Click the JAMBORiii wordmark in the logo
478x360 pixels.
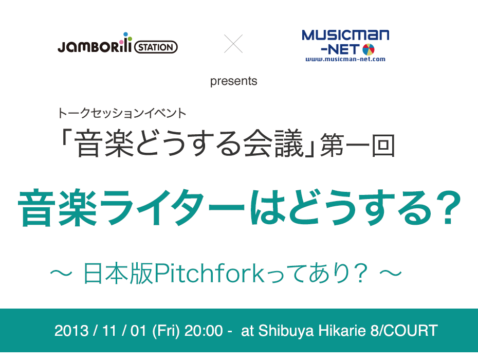tap(95, 45)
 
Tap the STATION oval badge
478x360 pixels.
tap(156, 47)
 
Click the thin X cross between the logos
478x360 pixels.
tap(233, 44)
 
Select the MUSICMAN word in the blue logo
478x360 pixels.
tap(345, 35)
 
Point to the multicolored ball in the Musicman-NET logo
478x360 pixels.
tap(368, 50)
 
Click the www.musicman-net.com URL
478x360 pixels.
tap(345, 59)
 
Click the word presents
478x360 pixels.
tap(233, 81)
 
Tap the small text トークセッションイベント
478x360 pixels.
tap(122, 113)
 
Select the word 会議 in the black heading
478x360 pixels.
tap(273, 143)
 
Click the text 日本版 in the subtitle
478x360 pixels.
tap(118, 273)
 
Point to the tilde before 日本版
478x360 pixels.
tap(61, 273)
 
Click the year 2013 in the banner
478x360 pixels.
tap(71, 331)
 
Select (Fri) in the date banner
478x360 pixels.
tap(166, 331)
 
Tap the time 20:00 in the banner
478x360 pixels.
tap(204, 331)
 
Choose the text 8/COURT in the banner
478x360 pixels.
tap(404, 331)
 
